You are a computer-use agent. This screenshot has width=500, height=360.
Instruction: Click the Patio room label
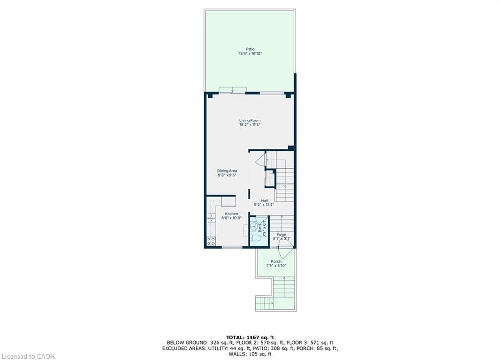[250, 49]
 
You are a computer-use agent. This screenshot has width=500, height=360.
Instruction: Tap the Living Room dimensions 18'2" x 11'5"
[250, 125]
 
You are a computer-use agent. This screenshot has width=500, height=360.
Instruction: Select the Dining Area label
[227, 171]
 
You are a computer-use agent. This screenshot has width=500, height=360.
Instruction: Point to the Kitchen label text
[231, 214]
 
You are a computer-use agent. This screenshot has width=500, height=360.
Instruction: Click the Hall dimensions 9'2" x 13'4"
[264, 205]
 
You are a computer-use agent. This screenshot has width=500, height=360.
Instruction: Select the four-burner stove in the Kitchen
[211, 240]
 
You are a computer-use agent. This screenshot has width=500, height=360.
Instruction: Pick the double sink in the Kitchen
[211, 218]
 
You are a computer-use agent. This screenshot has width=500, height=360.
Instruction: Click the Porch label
[276, 262]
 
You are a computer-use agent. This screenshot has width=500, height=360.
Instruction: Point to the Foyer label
[282, 234]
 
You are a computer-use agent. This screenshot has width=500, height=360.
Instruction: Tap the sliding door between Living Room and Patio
[232, 91]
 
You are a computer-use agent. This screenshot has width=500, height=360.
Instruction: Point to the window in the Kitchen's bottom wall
[232, 248]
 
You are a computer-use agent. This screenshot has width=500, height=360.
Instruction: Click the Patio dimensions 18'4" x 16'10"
[250, 54]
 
